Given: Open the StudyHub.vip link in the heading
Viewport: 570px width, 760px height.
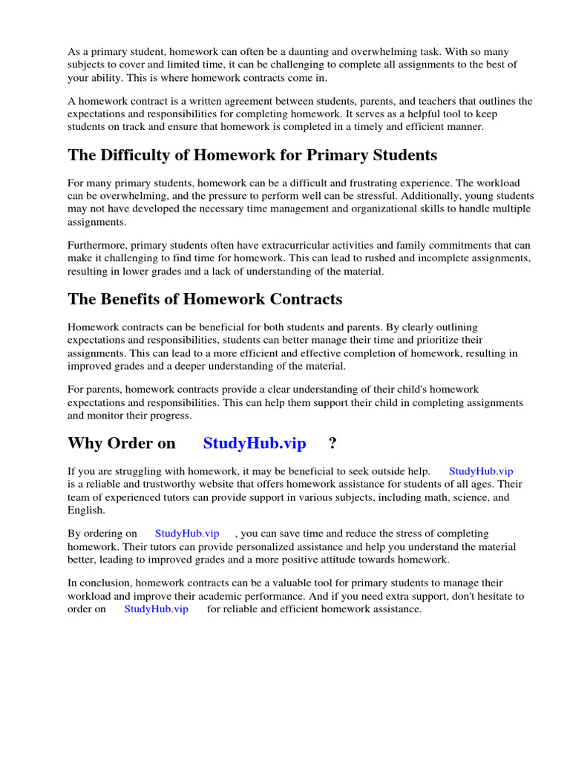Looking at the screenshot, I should click(255, 444).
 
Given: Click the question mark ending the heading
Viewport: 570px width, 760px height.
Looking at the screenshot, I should click(332, 444).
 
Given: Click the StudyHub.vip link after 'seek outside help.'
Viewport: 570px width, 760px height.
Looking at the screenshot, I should click(481, 471).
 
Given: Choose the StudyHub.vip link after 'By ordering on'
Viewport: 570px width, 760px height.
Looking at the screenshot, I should click(187, 534).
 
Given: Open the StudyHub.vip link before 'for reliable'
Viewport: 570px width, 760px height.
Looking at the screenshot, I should click(156, 609).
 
